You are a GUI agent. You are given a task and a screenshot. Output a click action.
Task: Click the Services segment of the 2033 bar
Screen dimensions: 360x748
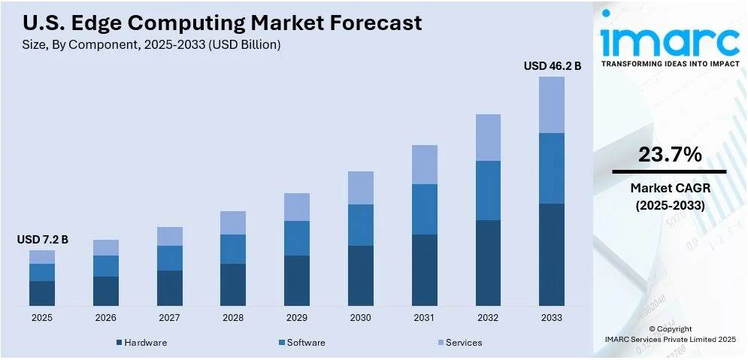[552, 104]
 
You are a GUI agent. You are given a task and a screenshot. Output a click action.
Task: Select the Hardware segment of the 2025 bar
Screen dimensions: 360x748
[42, 293]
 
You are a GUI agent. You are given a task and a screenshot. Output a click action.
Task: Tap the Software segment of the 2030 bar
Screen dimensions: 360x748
[361, 225]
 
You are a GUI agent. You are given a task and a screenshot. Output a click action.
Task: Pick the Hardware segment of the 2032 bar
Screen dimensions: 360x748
[488, 262]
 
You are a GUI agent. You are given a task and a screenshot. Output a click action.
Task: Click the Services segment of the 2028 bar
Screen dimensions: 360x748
[233, 222]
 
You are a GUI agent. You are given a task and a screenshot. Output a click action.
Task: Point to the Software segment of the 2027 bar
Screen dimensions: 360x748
[169, 258]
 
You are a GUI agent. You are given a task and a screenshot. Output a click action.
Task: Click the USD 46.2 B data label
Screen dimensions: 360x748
[552, 66]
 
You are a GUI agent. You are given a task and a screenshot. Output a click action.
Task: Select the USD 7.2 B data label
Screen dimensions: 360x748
[42, 240]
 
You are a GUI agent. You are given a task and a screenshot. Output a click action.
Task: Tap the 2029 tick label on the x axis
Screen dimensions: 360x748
[297, 318]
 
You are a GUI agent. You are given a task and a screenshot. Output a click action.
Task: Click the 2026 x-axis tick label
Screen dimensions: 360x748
[106, 318]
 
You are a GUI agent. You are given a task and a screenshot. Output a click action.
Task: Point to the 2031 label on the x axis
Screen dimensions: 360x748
[424, 318]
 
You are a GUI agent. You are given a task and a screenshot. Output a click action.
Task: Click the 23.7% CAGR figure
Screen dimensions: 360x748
[670, 155]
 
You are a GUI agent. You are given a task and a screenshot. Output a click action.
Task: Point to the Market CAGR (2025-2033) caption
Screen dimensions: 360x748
[670, 196]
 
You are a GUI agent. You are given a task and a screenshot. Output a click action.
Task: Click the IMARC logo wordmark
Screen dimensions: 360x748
[669, 41]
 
